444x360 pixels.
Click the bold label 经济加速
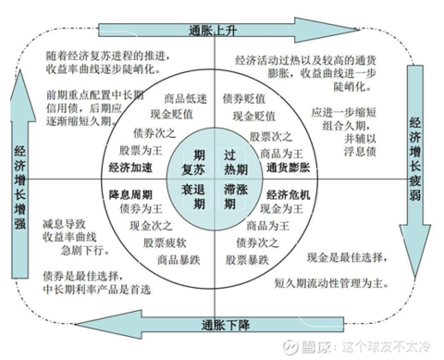(130, 168)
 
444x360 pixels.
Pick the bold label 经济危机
(290, 195)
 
